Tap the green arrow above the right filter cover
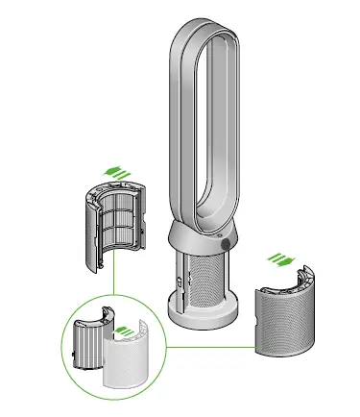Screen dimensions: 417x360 tap(280, 258)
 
